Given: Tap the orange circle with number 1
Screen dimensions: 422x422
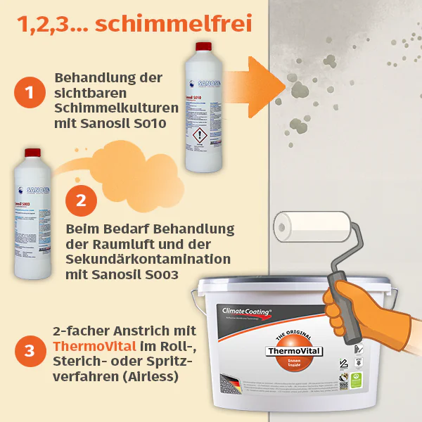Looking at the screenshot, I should tap(29, 93).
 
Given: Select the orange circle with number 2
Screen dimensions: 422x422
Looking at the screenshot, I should tap(81, 199).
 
